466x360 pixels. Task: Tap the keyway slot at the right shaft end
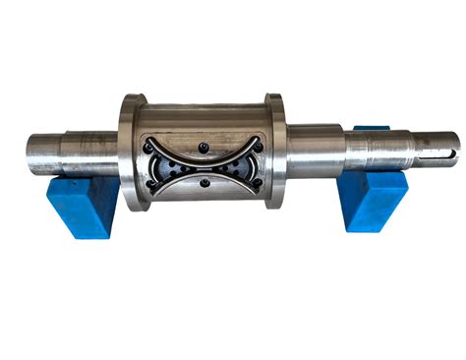pos(440,150)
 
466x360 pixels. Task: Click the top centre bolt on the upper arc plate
pos(203,148)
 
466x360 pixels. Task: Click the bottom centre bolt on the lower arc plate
pos(203,182)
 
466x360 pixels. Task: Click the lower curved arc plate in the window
pos(203,176)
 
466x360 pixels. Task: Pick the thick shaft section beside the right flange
pos(313,150)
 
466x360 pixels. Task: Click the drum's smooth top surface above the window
pos(203,112)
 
